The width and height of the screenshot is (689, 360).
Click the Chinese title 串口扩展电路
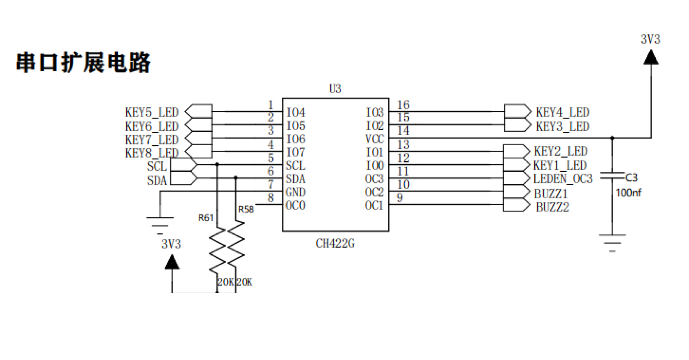(x=83, y=62)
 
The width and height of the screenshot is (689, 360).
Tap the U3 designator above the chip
(x=335, y=89)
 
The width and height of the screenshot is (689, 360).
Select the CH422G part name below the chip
(x=335, y=243)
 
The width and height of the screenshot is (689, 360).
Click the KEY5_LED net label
(x=152, y=112)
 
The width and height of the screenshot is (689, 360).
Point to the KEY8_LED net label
(x=152, y=153)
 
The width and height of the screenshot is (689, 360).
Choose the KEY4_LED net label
(x=563, y=112)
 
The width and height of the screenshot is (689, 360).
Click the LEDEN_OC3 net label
(x=563, y=179)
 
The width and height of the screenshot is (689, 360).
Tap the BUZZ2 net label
(x=553, y=207)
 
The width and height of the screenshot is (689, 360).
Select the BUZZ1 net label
(x=551, y=194)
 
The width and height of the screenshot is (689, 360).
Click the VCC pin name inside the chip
(x=375, y=139)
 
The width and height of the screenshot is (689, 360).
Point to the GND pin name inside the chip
(x=296, y=192)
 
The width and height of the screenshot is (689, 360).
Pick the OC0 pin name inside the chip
(x=296, y=205)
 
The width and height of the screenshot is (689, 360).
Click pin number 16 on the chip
(x=403, y=105)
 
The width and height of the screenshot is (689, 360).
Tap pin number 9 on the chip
(x=400, y=198)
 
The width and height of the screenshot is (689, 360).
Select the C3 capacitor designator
(x=631, y=177)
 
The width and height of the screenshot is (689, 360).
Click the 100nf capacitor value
(x=628, y=193)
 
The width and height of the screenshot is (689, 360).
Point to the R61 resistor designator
(x=206, y=218)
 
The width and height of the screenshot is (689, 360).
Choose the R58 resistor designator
(x=246, y=209)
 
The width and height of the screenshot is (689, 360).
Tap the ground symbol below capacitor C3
(x=612, y=243)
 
